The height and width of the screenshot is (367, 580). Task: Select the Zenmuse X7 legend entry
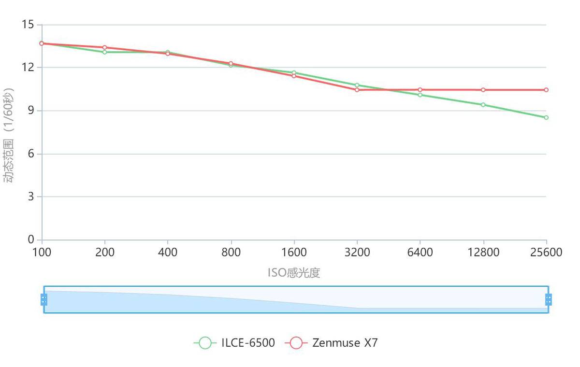tap(332, 343)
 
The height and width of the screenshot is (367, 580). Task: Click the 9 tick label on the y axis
tap(31, 111)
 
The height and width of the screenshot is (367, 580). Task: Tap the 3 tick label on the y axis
tap(31, 197)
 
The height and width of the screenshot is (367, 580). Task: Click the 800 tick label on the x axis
tap(231, 253)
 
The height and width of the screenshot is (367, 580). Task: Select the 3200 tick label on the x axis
tap(357, 253)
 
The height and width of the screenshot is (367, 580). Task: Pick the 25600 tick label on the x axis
tap(546, 253)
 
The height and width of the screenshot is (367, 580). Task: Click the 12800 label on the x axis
tap(483, 253)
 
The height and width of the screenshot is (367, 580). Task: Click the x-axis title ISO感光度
tap(294, 273)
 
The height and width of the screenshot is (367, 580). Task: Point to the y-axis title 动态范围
tap(9, 135)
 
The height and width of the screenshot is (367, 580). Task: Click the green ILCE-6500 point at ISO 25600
tap(546, 117)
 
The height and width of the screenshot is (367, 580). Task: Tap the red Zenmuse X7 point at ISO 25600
tap(546, 90)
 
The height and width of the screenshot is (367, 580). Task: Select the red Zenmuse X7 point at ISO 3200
tap(357, 90)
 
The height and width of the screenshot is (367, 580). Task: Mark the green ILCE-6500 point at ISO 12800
tap(483, 105)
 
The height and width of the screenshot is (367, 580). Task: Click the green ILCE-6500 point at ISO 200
tap(105, 52)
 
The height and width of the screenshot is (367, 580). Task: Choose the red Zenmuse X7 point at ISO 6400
tap(420, 90)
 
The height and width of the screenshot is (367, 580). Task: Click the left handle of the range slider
tap(44, 299)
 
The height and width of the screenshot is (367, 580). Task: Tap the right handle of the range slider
tap(548, 299)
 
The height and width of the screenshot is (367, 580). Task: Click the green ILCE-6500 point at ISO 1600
tap(294, 73)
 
